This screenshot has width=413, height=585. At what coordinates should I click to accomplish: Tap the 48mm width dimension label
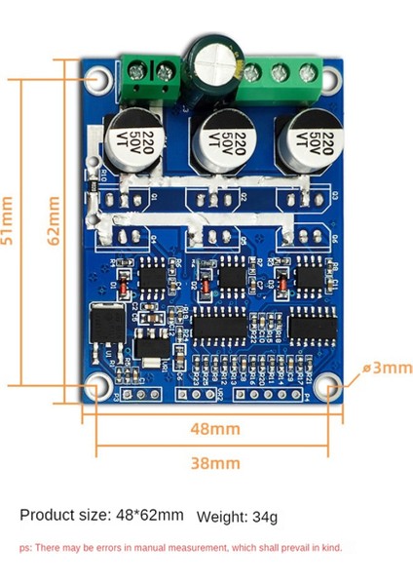[213, 429]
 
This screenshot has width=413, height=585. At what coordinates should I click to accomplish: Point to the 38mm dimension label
[213, 462]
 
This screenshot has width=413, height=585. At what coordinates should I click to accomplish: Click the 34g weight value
[265, 516]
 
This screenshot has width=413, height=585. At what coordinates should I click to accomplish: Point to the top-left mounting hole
[97, 79]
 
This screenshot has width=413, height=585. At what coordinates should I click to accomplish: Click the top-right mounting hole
[330, 79]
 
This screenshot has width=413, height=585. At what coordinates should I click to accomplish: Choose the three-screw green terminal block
[282, 73]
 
